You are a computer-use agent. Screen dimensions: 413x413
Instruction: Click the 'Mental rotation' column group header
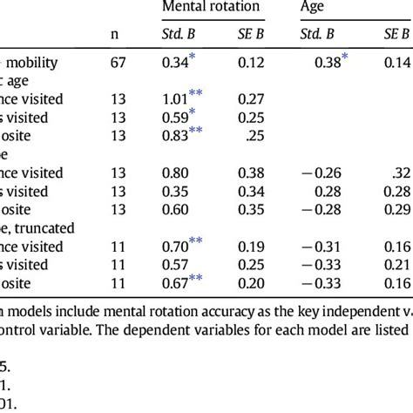[210, 8]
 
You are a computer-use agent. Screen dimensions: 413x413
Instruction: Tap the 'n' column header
[115, 35]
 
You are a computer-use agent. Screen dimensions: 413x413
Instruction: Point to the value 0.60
[176, 210]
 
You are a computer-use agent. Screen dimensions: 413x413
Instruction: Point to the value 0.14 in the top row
[397, 64]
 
